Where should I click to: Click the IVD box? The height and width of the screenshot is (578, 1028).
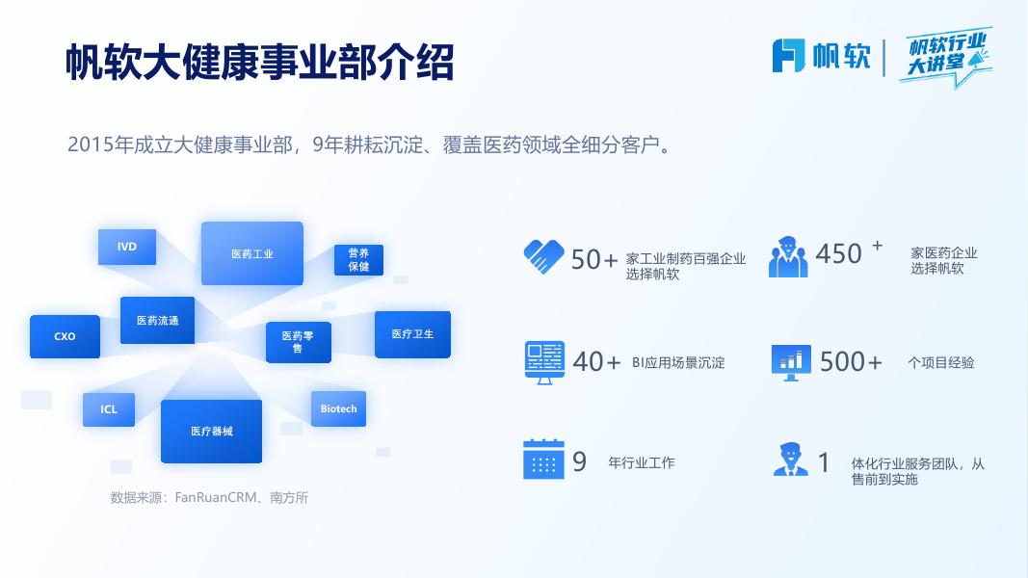[127, 247]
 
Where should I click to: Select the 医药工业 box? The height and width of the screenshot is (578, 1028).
[252, 253]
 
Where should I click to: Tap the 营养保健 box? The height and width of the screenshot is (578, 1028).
[358, 259]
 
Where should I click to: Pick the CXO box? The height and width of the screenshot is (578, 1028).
[65, 336]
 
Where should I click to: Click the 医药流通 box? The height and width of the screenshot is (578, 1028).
[157, 320]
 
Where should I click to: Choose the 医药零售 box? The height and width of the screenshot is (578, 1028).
[298, 342]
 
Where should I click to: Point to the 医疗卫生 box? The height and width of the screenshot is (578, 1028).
[412, 334]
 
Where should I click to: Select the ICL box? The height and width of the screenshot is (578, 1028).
[109, 409]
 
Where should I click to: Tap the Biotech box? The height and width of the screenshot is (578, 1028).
[338, 408]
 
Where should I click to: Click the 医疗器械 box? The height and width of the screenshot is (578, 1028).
[211, 431]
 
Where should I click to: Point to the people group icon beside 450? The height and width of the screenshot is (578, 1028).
[788, 257]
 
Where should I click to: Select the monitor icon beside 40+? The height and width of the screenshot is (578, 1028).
[544, 362]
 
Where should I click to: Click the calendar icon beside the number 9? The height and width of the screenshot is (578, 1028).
[543, 460]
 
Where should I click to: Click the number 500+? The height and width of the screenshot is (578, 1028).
[851, 362]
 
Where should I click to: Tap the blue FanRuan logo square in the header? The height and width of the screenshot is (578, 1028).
[788, 56]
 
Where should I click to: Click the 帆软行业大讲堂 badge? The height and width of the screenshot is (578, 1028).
[947, 56]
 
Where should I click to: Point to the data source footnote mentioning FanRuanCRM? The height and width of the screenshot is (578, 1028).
[209, 498]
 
